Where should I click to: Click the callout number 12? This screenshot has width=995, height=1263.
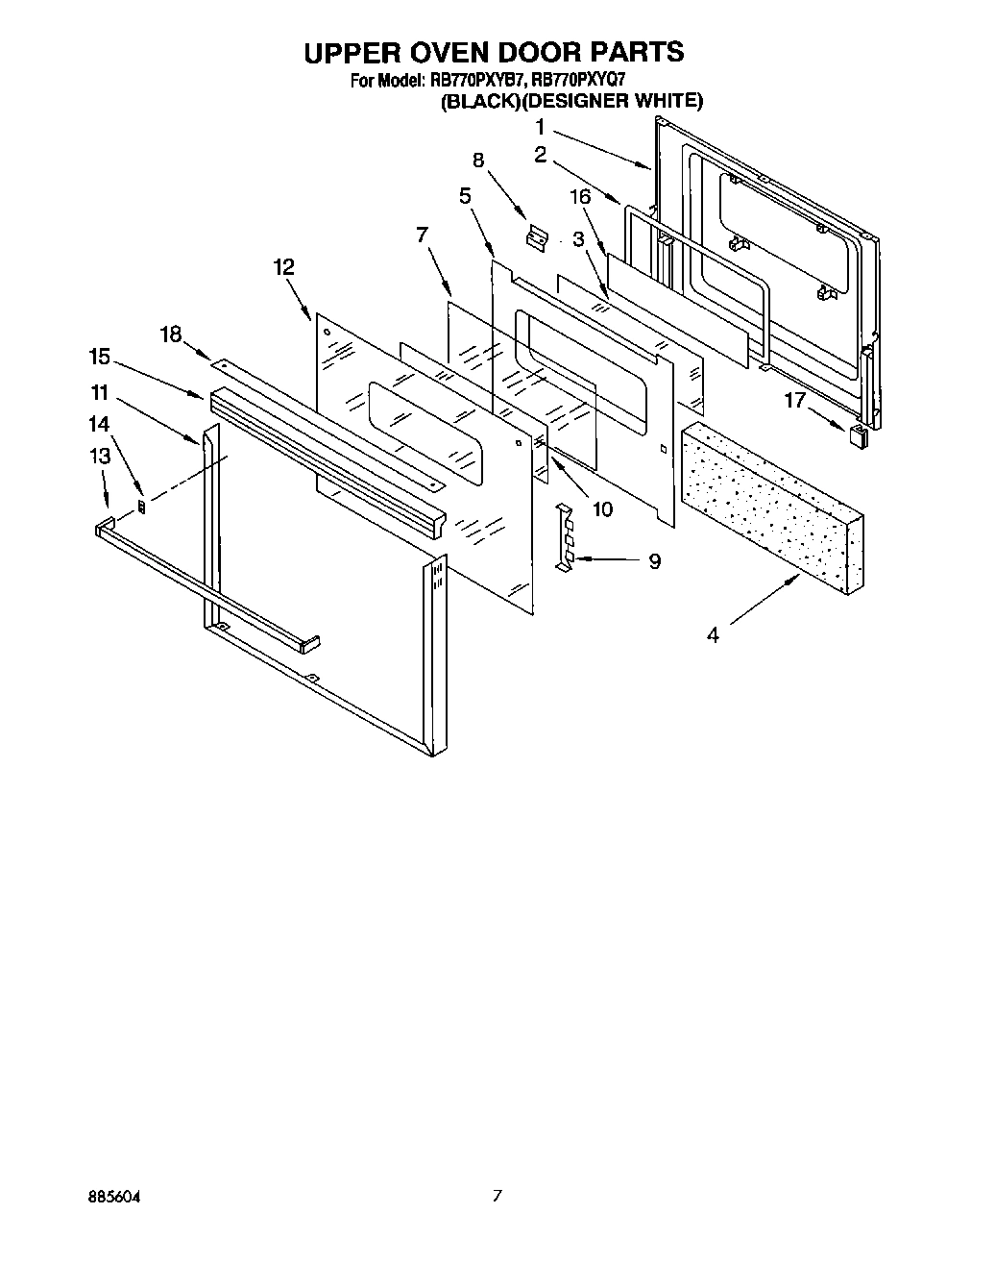tap(283, 267)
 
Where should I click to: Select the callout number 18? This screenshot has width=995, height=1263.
tap(170, 334)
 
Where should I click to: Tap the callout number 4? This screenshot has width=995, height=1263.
tap(713, 635)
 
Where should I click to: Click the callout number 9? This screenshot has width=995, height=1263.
tap(654, 561)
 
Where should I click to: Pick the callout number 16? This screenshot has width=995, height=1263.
tap(578, 197)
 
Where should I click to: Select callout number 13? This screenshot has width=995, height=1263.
tap(101, 457)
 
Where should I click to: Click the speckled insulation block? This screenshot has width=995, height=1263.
tap(774, 499)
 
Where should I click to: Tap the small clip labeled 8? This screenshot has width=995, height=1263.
tap(537, 238)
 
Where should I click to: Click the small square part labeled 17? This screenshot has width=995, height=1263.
tap(858, 436)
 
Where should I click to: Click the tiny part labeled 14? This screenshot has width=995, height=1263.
tap(143, 506)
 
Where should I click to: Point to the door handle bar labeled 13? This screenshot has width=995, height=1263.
tap(206, 587)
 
